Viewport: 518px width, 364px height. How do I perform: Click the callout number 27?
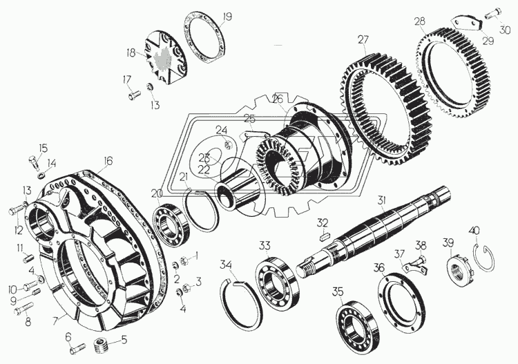point(363,39)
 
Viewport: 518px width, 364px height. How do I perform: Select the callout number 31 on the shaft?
point(382,200)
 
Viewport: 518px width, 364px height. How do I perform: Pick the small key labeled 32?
point(323,236)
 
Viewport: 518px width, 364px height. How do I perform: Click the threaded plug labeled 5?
point(102,345)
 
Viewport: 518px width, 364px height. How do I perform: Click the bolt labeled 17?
point(134,95)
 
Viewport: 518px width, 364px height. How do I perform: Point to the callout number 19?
point(227,17)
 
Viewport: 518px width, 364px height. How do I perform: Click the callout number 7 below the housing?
point(55,320)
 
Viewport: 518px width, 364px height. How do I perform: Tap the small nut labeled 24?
point(227,144)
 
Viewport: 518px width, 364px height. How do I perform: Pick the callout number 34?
point(227,265)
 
